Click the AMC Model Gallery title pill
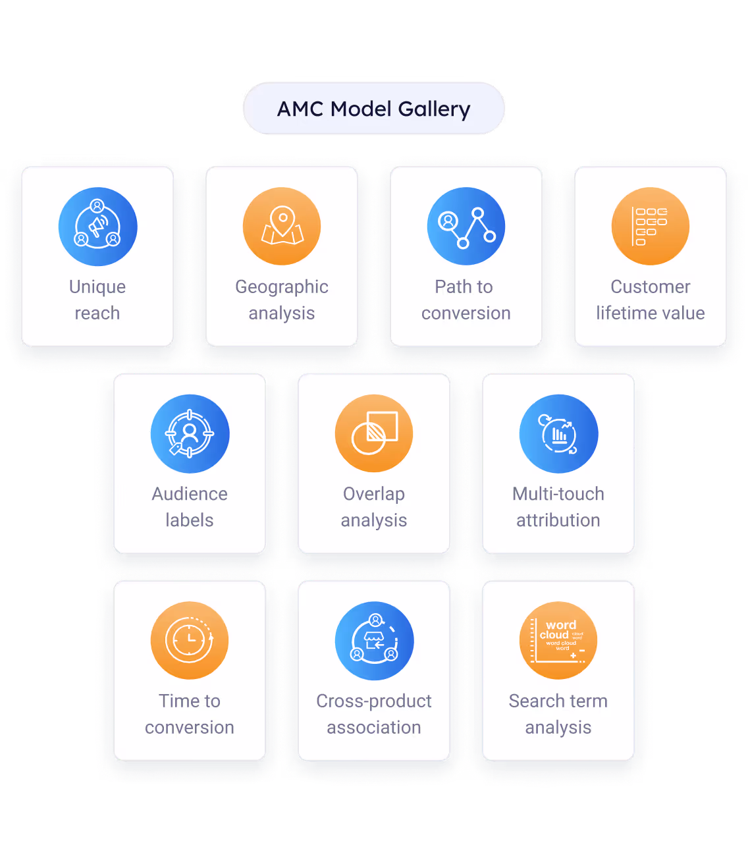click(x=373, y=109)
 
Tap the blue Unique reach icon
click(x=97, y=227)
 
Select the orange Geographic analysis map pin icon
click(x=282, y=227)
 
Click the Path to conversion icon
click(x=466, y=227)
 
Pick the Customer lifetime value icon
click(x=651, y=227)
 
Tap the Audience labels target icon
click(x=190, y=434)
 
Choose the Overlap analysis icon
click(x=374, y=434)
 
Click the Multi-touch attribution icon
click(x=558, y=434)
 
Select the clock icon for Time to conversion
click(x=190, y=641)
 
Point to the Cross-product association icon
click(x=374, y=641)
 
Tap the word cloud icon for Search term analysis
click(x=558, y=641)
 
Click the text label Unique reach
click(x=97, y=300)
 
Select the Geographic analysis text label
click(x=282, y=300)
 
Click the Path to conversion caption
click(x=466, y=300)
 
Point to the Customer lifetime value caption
click(x=651, y=300)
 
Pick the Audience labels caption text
click(x=190, y=506)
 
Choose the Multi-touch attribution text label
click(x=558, y=506)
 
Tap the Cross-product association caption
click(x=374, y=714)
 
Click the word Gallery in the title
click(x=434, y=109)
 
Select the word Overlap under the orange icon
click(x=374, y=494)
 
